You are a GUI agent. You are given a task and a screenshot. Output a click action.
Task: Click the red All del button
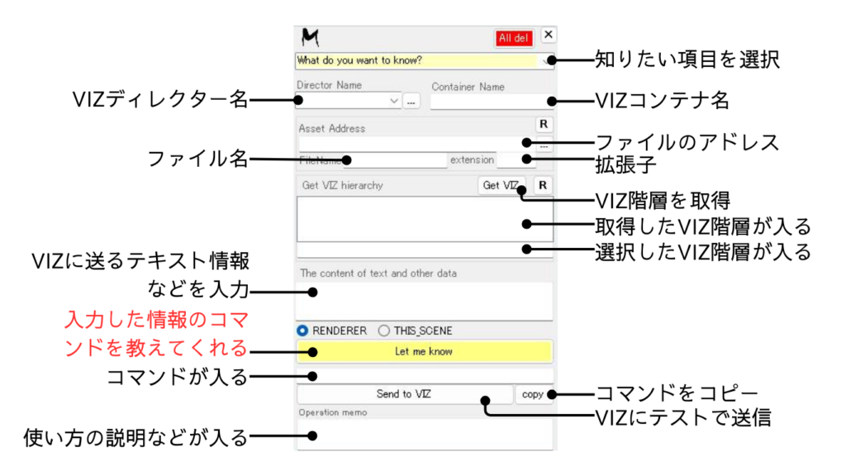click(515, 38)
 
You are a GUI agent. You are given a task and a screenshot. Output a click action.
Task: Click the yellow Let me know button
click(424, 351)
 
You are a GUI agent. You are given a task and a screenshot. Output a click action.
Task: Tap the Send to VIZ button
click(405, 394)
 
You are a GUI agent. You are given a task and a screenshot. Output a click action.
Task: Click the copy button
click(533, 394)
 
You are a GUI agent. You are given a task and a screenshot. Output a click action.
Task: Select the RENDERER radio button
click(303, 331)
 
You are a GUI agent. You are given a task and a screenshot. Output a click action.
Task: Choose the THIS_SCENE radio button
click(384, 331)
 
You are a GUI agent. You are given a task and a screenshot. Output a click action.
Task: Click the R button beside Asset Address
click(544, 124)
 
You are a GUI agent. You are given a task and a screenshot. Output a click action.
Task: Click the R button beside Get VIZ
click(543, 185)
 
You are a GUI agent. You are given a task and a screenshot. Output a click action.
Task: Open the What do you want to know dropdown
click(424, 60)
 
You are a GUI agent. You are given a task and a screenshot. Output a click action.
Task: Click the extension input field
click(516, 160)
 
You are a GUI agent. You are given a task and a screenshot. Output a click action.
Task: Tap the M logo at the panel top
click(311, 37)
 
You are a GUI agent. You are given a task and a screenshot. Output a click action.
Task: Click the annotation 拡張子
click(625, 164)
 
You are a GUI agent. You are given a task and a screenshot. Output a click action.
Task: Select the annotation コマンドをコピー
click(677, 393)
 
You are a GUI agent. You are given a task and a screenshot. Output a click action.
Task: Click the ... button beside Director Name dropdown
click(412, 102)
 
